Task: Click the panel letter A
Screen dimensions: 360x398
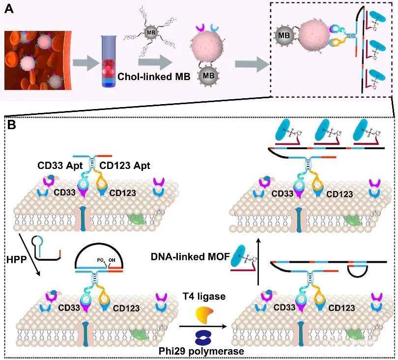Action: coord(8,8)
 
